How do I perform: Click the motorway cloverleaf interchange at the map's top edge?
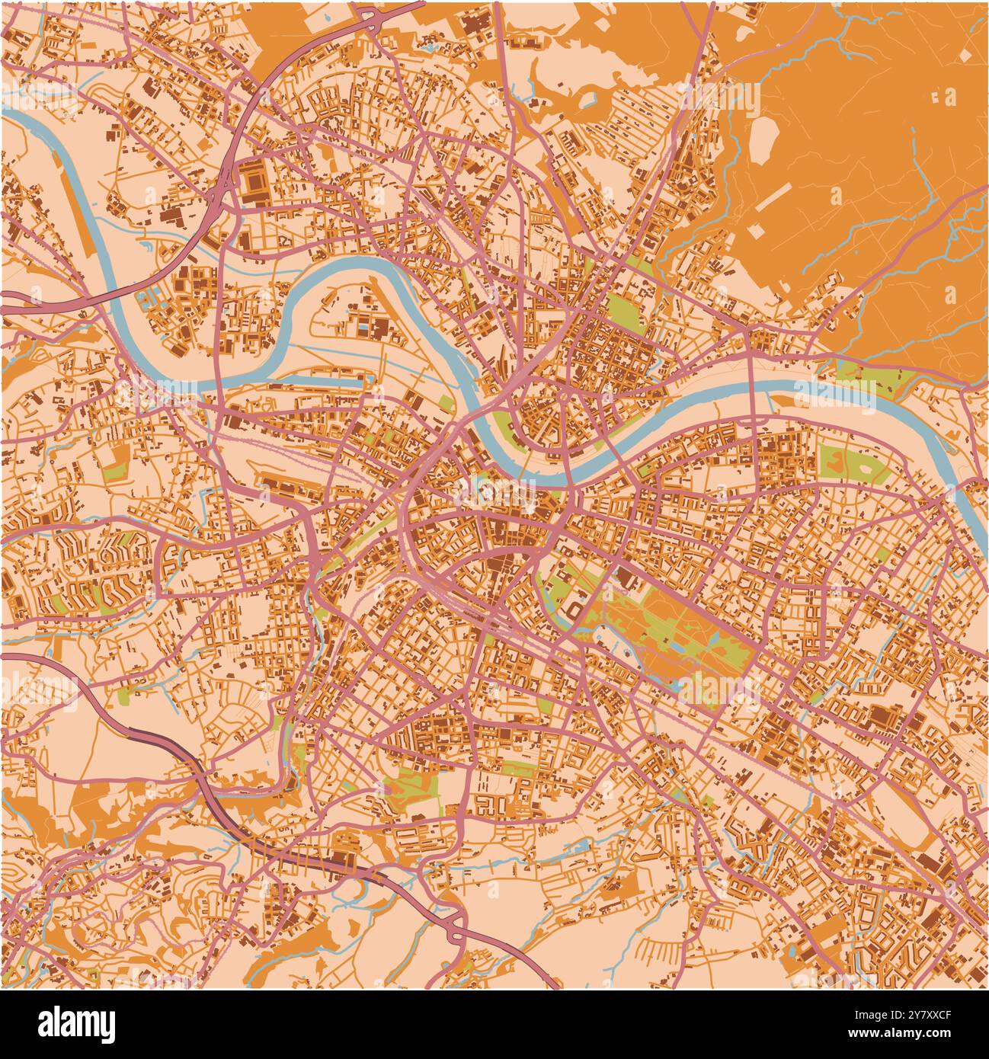pos(370,15)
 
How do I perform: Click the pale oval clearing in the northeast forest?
pos(763,142)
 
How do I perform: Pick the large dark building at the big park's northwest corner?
pos(628,578)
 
